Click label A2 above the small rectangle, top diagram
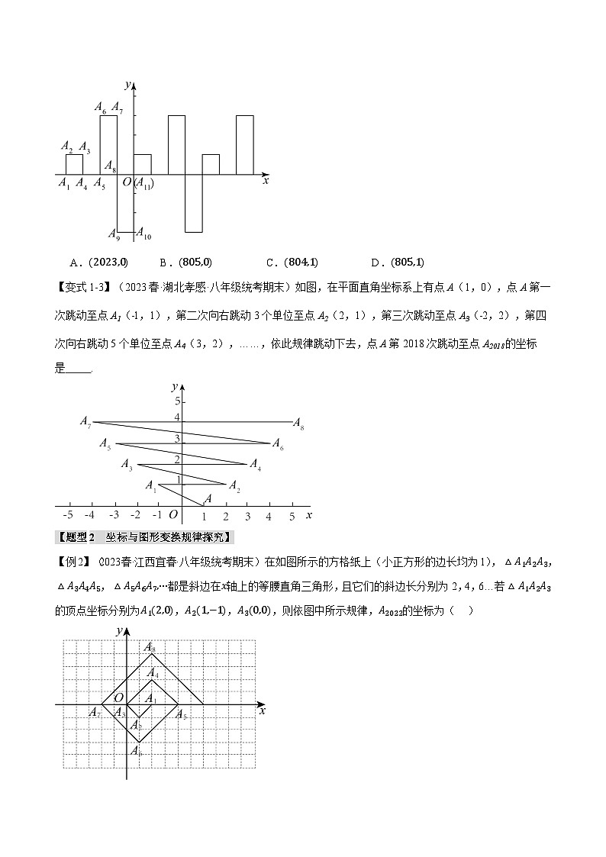point(66,146)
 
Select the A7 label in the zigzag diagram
point(85,421)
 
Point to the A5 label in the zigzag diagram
point(105,444)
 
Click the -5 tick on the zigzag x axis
point(69,517)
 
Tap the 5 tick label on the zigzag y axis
point(176,401)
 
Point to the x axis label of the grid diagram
point(262,710)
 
